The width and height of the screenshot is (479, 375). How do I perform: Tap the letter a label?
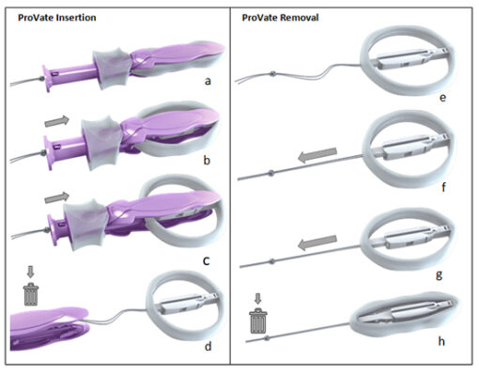(209, 82)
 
